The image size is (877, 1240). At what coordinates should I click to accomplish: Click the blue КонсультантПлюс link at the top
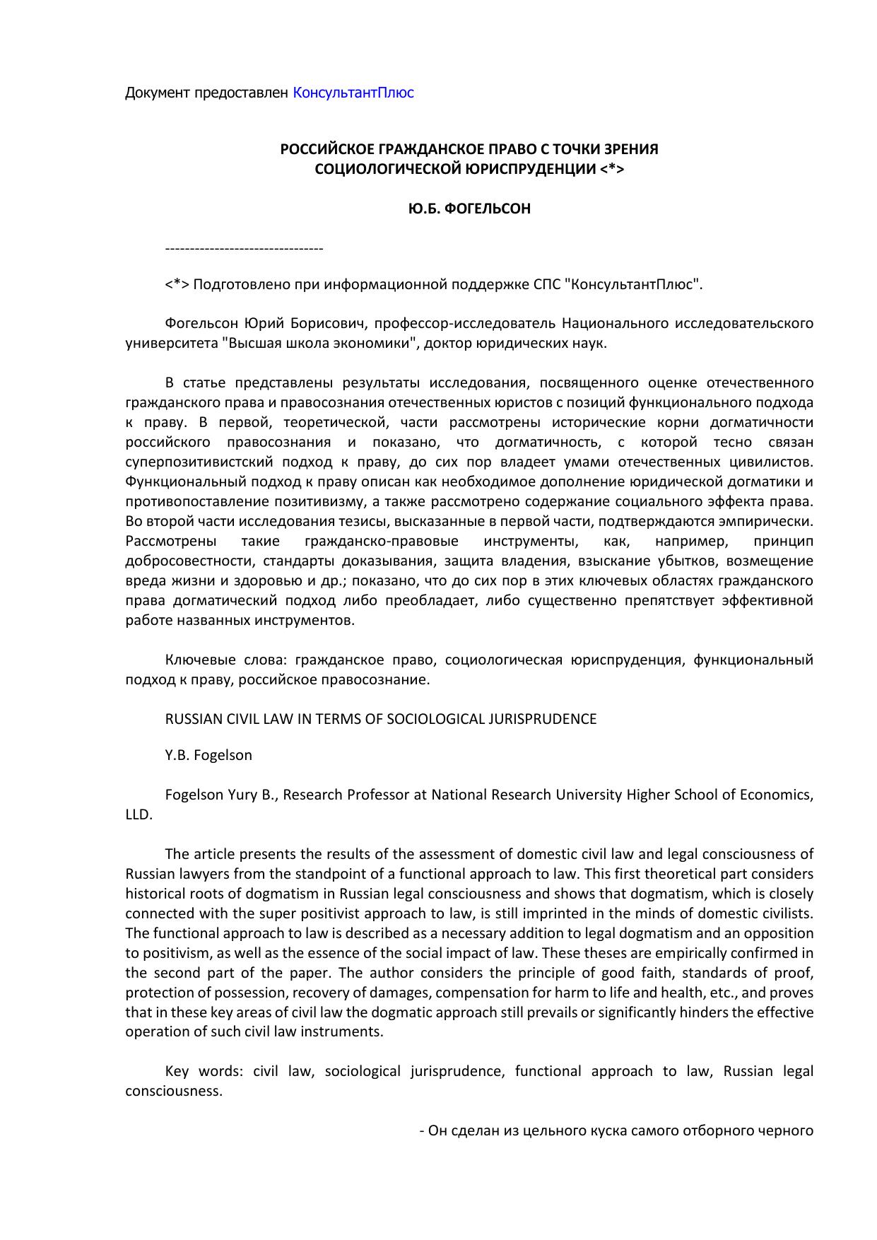[353, 93]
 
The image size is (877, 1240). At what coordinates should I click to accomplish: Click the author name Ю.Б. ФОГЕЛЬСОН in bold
[469, 209]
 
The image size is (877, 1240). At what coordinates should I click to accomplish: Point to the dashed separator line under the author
[244, 249]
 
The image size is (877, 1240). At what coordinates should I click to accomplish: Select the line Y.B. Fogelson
[208, 755]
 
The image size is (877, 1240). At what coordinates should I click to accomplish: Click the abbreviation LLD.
[139, 814]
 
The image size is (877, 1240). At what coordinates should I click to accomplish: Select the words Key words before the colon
[199, 1071]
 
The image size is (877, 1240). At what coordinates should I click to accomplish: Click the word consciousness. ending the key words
[174, 1091]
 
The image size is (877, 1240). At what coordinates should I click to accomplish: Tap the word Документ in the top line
[157, 93]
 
